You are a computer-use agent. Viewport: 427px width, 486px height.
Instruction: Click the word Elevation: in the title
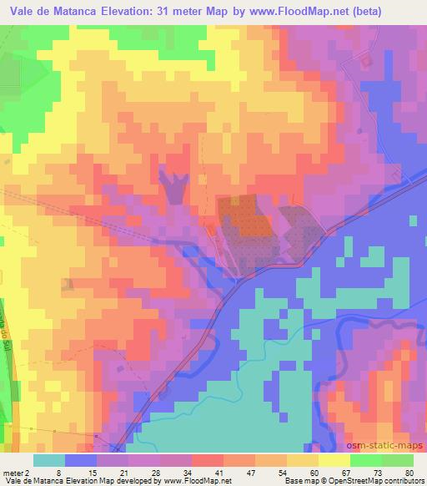tap(144, 9)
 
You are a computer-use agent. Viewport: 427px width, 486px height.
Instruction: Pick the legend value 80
tap(409, 473)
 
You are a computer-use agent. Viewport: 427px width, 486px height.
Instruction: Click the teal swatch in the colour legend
tap(51, 460)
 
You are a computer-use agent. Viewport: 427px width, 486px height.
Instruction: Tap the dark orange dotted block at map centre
tap(244, 215)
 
